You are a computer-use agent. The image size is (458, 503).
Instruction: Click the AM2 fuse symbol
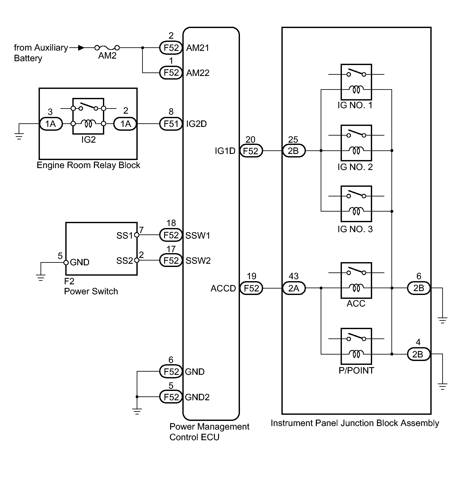click(107, 48)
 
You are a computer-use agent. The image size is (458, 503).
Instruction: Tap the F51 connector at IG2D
click(171, 124)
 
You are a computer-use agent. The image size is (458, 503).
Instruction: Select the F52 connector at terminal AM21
click(171, 48)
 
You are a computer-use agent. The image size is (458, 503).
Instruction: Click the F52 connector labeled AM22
click(171, 73)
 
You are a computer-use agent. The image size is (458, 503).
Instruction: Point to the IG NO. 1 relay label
click(355, 105)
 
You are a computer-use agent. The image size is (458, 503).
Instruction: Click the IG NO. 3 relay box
click(356, 204)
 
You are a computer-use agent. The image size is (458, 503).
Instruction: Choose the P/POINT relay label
click(356, 371)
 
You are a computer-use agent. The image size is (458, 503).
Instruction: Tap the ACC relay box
click(356, 280)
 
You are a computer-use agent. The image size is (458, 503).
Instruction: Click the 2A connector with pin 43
click(294, 288)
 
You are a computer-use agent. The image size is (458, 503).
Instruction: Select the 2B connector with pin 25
click(294, 151)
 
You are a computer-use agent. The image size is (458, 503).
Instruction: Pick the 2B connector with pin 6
click(418, 288)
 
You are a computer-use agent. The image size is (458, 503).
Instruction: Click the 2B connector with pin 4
click(418, 354)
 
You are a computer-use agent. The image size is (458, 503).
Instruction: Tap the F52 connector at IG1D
click(251, 151)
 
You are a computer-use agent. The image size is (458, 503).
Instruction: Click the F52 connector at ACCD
click(251, 288)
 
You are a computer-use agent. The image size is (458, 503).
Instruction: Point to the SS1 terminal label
click(124, 236)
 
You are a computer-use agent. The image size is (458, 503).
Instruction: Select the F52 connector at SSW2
click(171, 260)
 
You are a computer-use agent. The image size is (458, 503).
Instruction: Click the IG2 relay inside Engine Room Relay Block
click(88, 116)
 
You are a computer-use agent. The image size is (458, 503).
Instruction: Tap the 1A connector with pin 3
click(50, 124)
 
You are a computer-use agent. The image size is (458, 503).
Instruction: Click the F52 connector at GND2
click(171, 397)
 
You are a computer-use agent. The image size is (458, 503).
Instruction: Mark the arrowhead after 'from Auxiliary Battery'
click(81, 48)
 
